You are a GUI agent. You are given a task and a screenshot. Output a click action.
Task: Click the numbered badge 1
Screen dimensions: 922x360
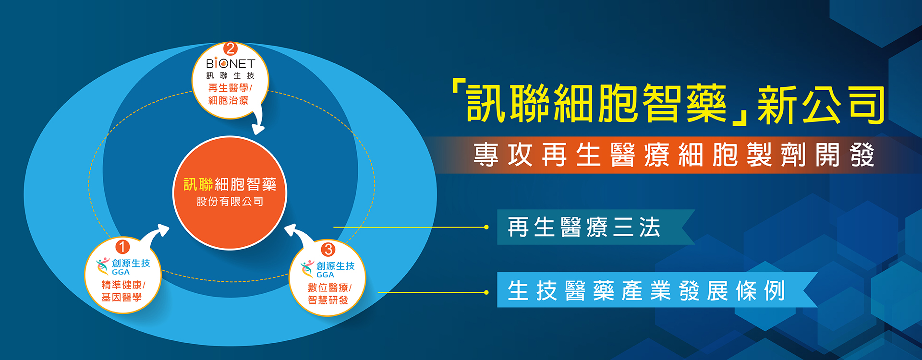(122, 247)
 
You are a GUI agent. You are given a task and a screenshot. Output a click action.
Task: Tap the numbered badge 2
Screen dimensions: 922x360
(230, 48)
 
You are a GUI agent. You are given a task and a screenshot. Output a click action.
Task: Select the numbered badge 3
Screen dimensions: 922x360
(328, 249)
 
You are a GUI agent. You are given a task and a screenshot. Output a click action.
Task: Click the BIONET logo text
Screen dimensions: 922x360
(230, 63)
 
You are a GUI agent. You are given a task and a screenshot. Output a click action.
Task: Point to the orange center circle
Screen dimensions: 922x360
(230, 193)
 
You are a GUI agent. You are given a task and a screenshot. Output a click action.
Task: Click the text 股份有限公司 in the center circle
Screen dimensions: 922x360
(230, 202)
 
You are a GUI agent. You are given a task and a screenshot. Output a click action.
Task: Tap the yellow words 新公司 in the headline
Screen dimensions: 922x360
(821, 105)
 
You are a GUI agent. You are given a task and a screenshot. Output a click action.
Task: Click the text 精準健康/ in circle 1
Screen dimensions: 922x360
(123, 285)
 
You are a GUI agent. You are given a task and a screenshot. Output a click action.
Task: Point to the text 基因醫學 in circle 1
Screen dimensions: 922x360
(121, 298)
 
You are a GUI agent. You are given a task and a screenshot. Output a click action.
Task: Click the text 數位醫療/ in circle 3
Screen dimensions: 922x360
(330, 288)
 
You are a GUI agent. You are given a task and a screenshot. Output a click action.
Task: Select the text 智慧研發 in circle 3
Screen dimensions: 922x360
(328, 300)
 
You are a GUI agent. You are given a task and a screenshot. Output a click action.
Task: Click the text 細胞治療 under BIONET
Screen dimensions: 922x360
(229, 100)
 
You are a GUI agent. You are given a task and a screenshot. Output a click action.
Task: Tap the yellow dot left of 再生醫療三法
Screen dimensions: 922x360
(486, 227)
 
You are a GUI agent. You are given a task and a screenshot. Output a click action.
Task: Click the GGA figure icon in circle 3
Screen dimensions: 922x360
(307, 269)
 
